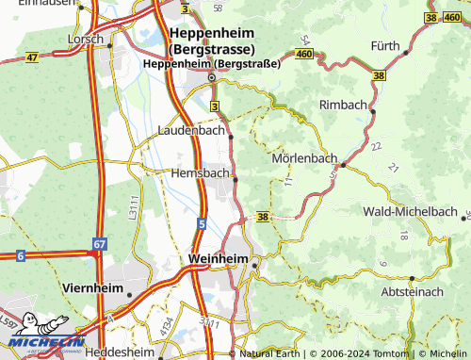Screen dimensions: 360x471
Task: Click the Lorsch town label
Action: (86, 40)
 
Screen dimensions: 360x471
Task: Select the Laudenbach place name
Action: (192, 131)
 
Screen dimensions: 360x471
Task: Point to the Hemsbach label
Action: (200, 173)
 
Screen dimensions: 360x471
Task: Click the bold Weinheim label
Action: (218, 258)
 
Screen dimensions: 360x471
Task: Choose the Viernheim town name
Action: (92, 285)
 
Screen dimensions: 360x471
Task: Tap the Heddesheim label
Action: (119, 352)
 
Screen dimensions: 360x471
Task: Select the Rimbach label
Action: (346, 104)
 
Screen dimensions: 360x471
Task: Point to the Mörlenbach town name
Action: (303, 158)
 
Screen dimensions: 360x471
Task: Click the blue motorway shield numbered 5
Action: (202, 223)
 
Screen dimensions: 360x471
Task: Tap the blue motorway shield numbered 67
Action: (100, 243)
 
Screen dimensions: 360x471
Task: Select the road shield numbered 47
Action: (32, 57)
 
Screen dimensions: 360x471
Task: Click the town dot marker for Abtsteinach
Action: (412, 279)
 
